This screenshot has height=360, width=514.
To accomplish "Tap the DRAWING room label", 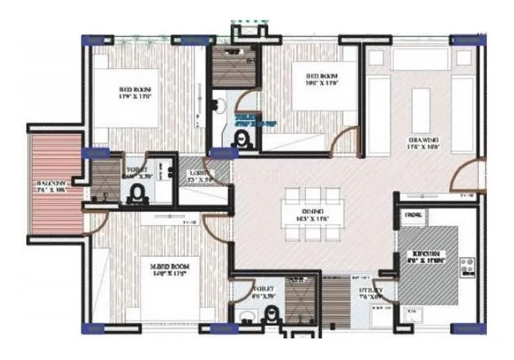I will click(423, 140).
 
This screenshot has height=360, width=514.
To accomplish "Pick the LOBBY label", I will click(196, 174).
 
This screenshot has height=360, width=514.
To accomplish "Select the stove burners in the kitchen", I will click(466, 266).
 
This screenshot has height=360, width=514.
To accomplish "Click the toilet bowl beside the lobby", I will click(137, 194).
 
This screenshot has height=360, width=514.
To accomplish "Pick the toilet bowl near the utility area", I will click(272, 315).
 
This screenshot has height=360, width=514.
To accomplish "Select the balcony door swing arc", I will click(95, 221).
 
